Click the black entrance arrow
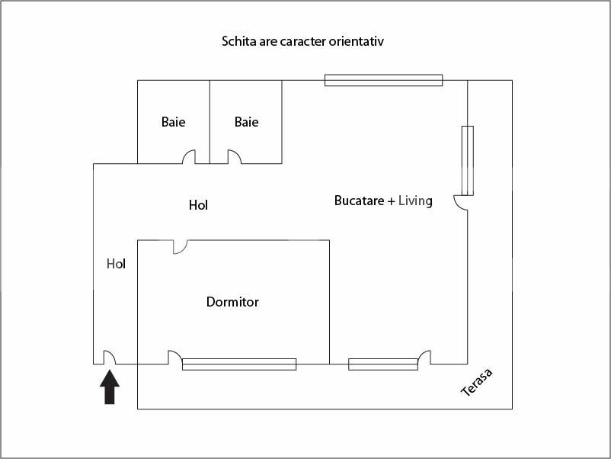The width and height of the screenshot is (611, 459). [110, 387]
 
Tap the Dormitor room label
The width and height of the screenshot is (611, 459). [232, 302]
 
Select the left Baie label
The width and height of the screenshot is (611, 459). [174, 122]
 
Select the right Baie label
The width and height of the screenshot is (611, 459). [247, 122]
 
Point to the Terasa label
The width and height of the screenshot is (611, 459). [477, 382]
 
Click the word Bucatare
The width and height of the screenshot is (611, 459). [360, 201]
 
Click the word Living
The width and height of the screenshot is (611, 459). [415, 201]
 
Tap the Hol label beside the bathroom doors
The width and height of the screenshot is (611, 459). [198, 205]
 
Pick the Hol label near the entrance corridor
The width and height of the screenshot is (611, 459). [116, 264]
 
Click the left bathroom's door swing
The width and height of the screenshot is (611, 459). [189, 157]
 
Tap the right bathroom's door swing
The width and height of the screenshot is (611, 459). [235, 157]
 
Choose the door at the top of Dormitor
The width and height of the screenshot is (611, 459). [180, 247]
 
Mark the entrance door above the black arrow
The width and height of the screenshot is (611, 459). [110, 358]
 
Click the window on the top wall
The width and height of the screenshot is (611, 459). [384, 80]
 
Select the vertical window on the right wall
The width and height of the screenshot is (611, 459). [468, 161]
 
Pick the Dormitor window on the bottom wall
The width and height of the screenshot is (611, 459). [239, 364]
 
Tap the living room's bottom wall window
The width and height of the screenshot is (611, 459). [383, 364]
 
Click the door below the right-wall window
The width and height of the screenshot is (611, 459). [461, 203]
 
